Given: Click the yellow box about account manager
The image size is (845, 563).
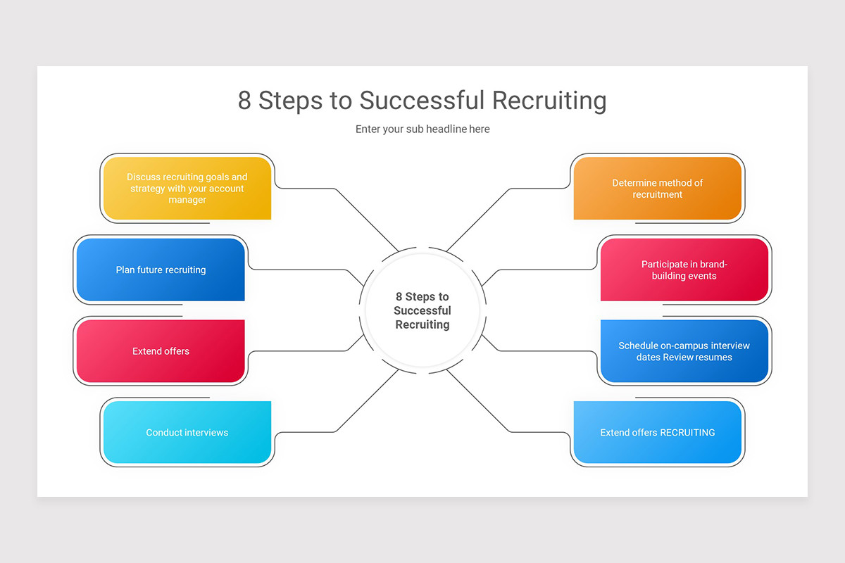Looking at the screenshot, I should click(187, 188).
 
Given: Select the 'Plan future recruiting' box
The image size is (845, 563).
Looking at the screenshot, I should click(161, 270).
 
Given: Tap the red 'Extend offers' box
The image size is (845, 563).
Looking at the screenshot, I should click(161, 351).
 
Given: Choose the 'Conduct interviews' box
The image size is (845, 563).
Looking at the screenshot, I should click(187, 432).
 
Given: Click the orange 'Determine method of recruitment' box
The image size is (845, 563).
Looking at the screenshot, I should click(657, 188).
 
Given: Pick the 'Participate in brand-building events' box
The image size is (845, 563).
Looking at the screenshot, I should click(684, 270).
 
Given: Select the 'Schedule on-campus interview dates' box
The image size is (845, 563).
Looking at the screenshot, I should click(684, 351).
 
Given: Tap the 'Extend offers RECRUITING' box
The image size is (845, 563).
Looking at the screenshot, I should click(657, 432).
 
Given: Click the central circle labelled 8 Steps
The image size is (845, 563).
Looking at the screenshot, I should click(423, 310).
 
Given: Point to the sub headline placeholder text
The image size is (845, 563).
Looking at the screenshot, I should click(423, 129).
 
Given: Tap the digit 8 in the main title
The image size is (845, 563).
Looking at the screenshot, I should click(244, 101).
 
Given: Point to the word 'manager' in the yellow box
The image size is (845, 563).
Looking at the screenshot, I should click(187, 200).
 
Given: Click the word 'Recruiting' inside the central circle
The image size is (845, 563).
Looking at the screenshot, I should click(423, 324).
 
